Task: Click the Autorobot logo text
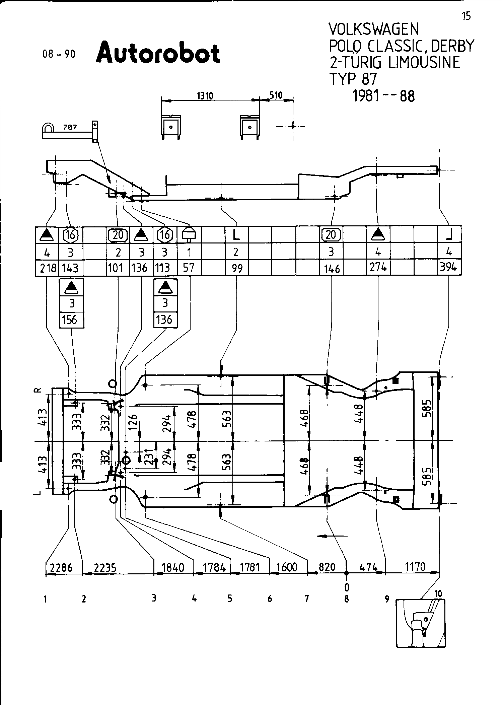(158, 53)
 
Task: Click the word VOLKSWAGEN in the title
(373, 29)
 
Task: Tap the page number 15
(466, 16)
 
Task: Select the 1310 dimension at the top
(205, 96)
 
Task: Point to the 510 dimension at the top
(276, 95)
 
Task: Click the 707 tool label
(70, 127)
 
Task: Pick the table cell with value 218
(47, 268)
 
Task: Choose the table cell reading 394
(449, 268)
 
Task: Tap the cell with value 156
(71, 320)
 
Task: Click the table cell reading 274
(378, 267)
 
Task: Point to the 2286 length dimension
(61, 568)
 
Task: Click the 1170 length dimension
(415, 567)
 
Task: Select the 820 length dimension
(327, 567)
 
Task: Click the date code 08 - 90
(59, 54)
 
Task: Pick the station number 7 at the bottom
(306, 598)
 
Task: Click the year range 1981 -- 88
(384, 96)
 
